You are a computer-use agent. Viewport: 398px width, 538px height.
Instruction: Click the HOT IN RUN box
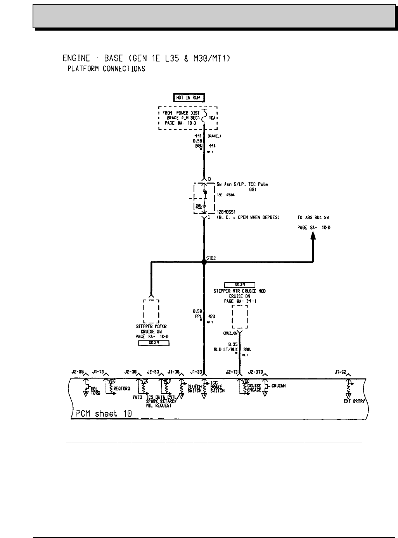point(189,98)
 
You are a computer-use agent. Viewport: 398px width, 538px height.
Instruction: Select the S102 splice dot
point(204,262)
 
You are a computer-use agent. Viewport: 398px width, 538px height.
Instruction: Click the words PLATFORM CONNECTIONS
point(106,69)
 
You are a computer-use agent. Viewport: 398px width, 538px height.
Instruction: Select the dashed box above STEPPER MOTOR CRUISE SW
point(151,311)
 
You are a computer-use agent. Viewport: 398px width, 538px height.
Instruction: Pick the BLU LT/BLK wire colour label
point(227,349)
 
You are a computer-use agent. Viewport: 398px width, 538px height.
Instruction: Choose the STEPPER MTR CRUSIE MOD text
point(240,290)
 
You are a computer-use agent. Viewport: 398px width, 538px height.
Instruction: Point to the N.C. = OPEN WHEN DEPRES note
point(248,217)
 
